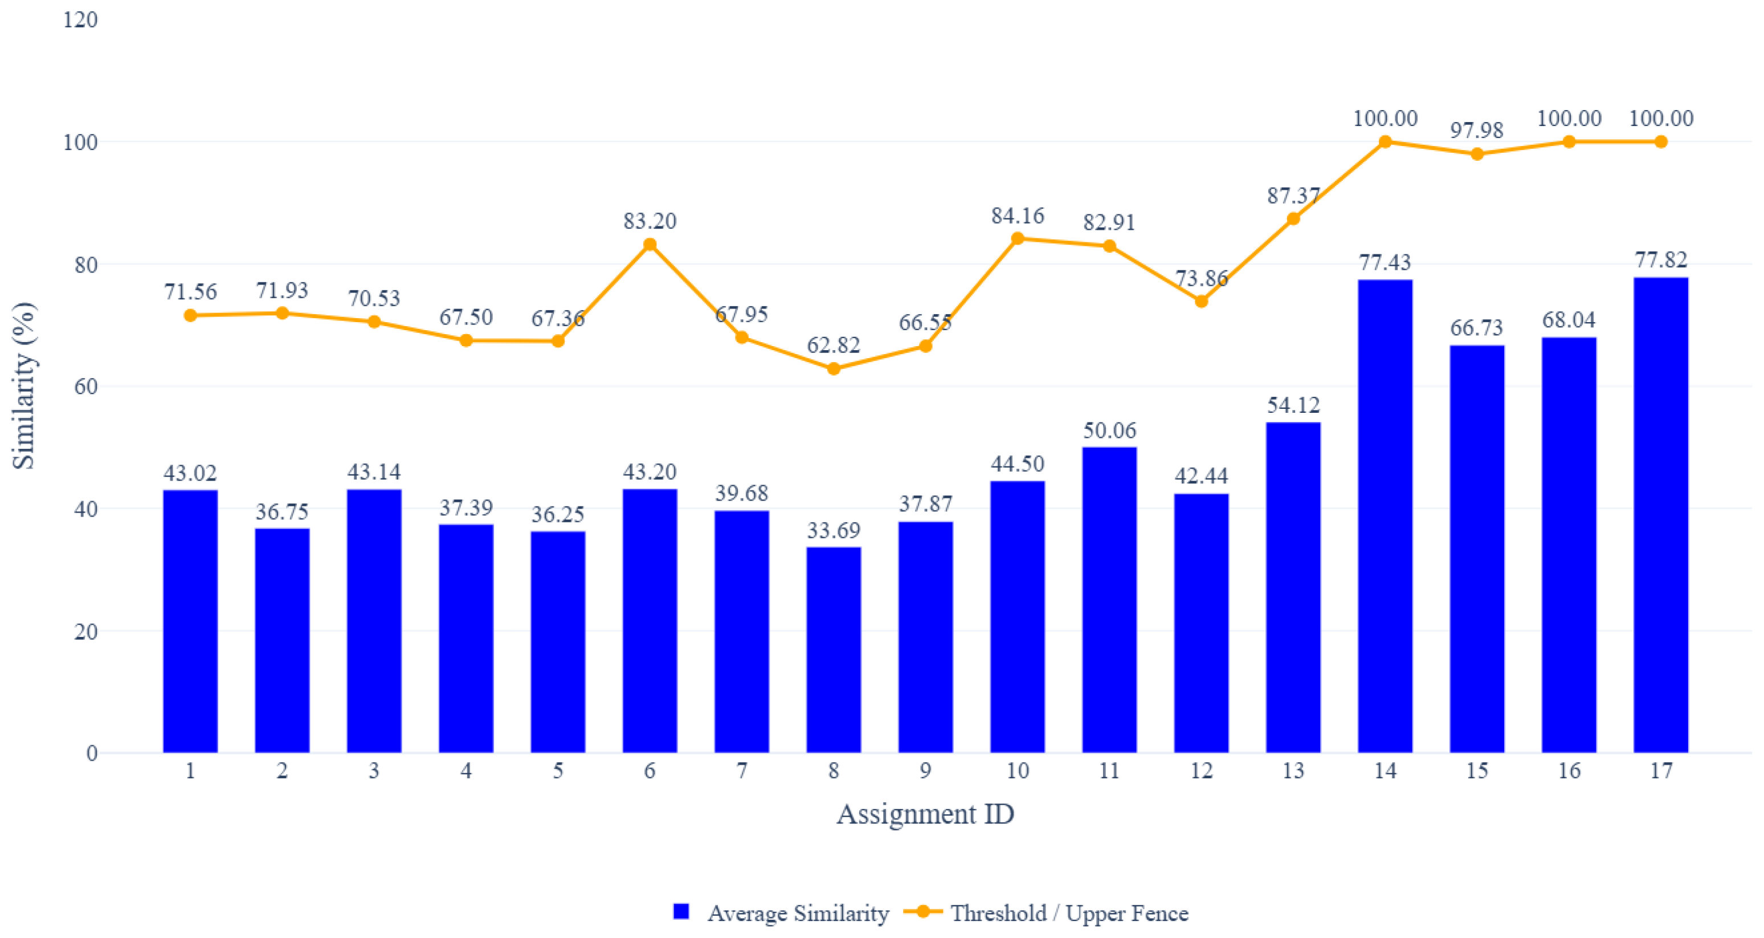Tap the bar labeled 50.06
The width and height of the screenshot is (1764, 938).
coord(1109,599)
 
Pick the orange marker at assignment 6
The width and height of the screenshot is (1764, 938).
coord(650,245)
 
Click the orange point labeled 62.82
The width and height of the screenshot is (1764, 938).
coord(834,368)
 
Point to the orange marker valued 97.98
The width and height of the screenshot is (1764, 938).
coord(1477,153)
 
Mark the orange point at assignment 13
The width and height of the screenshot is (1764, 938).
coord(1293,218)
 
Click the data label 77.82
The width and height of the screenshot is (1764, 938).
coord(1661,259)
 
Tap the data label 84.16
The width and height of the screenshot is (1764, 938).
coord(1018,216)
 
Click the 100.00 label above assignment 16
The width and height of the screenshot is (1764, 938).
coord(1569,119)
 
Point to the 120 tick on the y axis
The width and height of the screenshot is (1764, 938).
coord(80,20)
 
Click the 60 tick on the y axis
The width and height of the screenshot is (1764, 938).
coord(85,387)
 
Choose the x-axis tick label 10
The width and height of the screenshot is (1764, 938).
coord(1018,771)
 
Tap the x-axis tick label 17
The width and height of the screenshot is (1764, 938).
coord(1661,771)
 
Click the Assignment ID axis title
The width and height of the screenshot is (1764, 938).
coord(925,814)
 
